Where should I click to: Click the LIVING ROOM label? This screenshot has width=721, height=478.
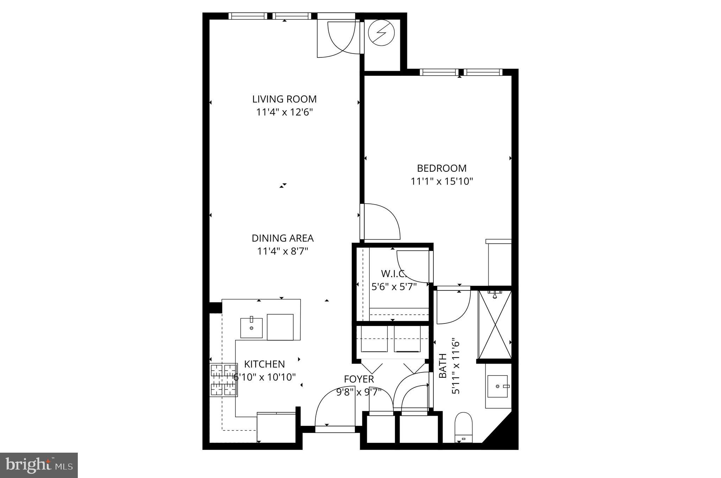[x=284, y=99]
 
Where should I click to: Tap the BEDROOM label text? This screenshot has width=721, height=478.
[x=441, y=168]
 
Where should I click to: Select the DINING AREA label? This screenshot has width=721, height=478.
[x=282, y=238]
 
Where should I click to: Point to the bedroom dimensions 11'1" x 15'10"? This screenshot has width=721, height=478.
[x=441, y=181]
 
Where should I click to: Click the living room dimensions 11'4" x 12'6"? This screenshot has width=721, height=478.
[x=284, y=112]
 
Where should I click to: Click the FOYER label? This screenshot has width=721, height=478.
[x=359, y=379]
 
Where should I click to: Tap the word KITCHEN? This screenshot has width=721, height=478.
[x=264, y=364]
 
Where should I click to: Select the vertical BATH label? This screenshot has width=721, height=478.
[x=443, y=366]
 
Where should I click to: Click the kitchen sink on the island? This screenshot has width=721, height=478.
[x=251, y=328]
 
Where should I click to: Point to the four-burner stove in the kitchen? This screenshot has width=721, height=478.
[x=223, y=380]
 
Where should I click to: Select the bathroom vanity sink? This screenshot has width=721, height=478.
[x=498, y=386]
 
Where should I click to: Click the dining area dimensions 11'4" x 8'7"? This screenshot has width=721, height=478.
[x=282, y=252]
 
